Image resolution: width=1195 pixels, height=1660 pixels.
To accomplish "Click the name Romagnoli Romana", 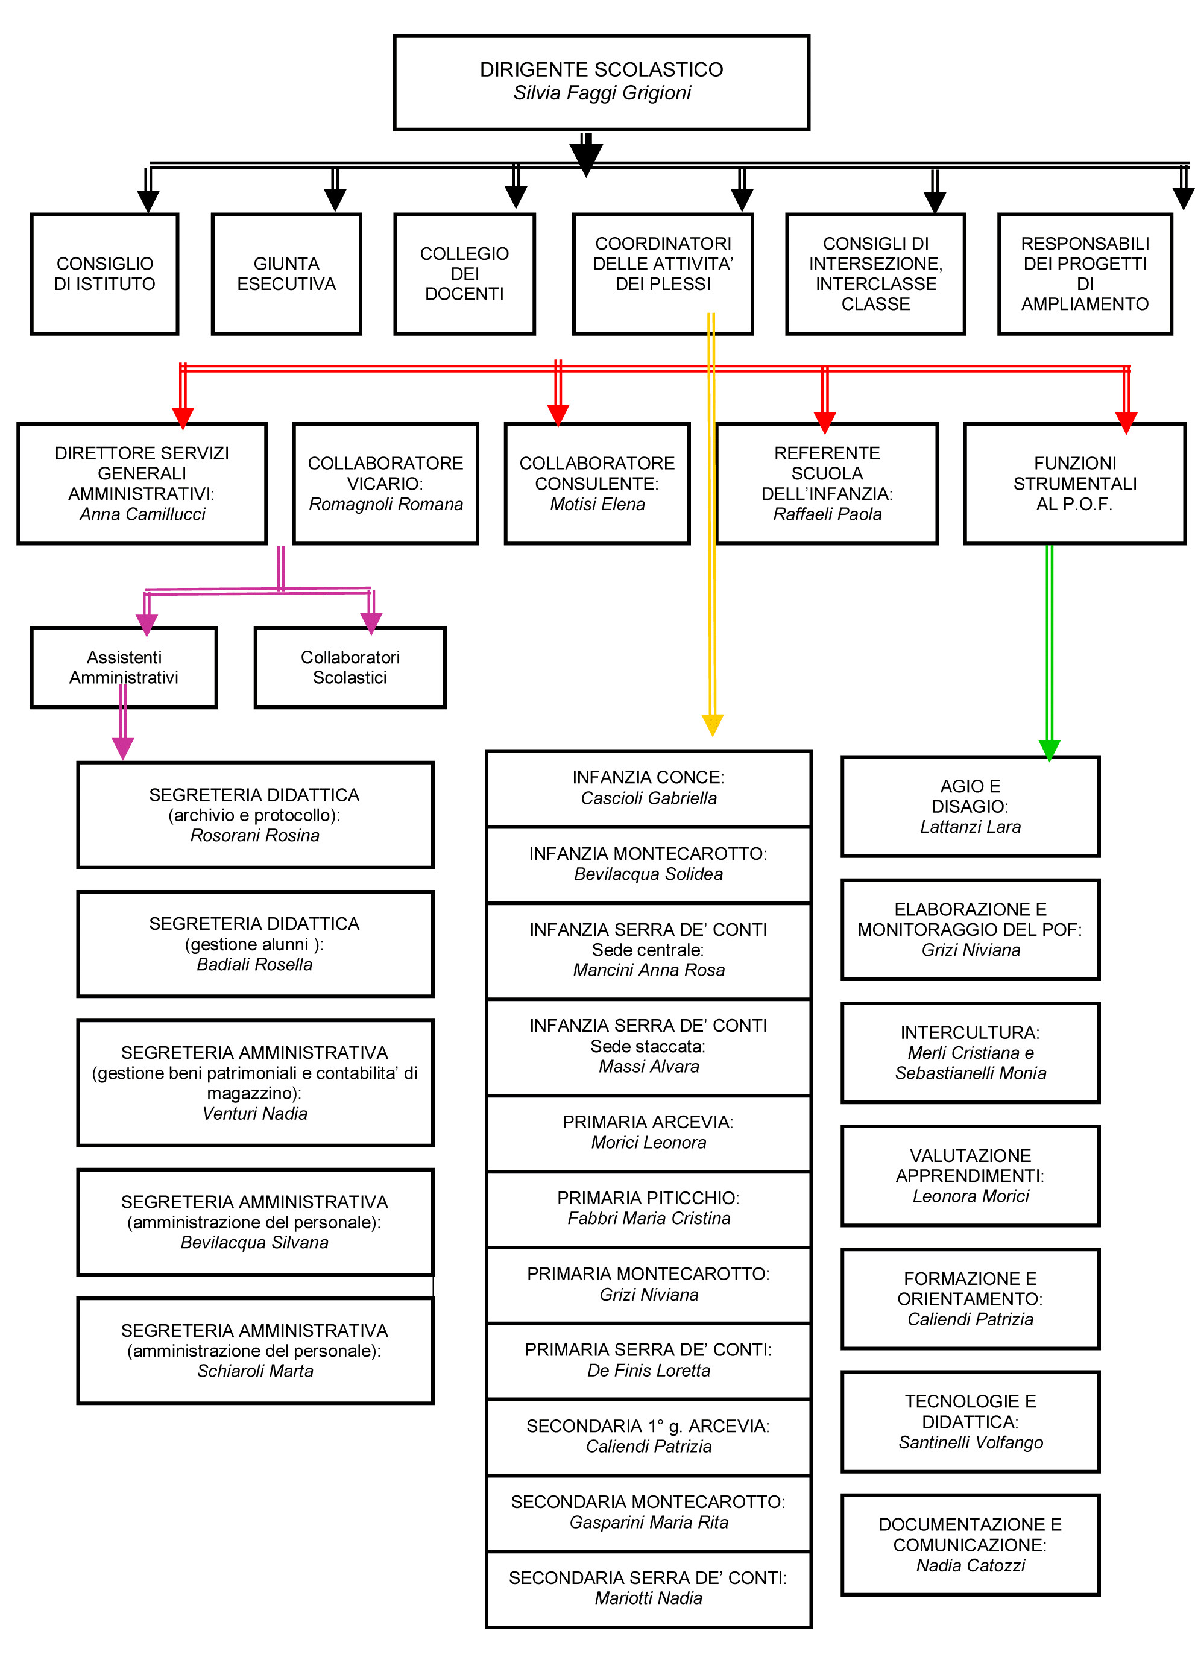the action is [x=386, y=504].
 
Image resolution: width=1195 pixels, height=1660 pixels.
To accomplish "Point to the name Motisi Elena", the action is [x=597, y=504].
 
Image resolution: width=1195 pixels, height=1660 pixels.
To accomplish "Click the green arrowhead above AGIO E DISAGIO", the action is [x=1048, y=750].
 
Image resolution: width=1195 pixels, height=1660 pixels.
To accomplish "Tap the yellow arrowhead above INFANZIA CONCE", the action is [x=712, y=725].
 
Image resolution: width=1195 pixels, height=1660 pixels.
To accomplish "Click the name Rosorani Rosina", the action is [x=254, y=835].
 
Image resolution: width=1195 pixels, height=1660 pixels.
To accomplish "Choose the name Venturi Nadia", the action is [x=254, y=1113].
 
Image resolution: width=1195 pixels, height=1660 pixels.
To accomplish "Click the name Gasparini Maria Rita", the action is [x=648, y=1522].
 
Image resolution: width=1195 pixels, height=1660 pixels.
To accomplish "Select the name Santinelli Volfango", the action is [x=970, y=1442].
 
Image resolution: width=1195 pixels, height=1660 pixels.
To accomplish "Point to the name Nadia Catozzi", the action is [x=970, y=1565].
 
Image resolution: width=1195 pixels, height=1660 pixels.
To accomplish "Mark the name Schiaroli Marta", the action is [x=254, y=1371].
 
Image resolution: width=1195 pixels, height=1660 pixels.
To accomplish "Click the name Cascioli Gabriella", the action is [x=648, y=798].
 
